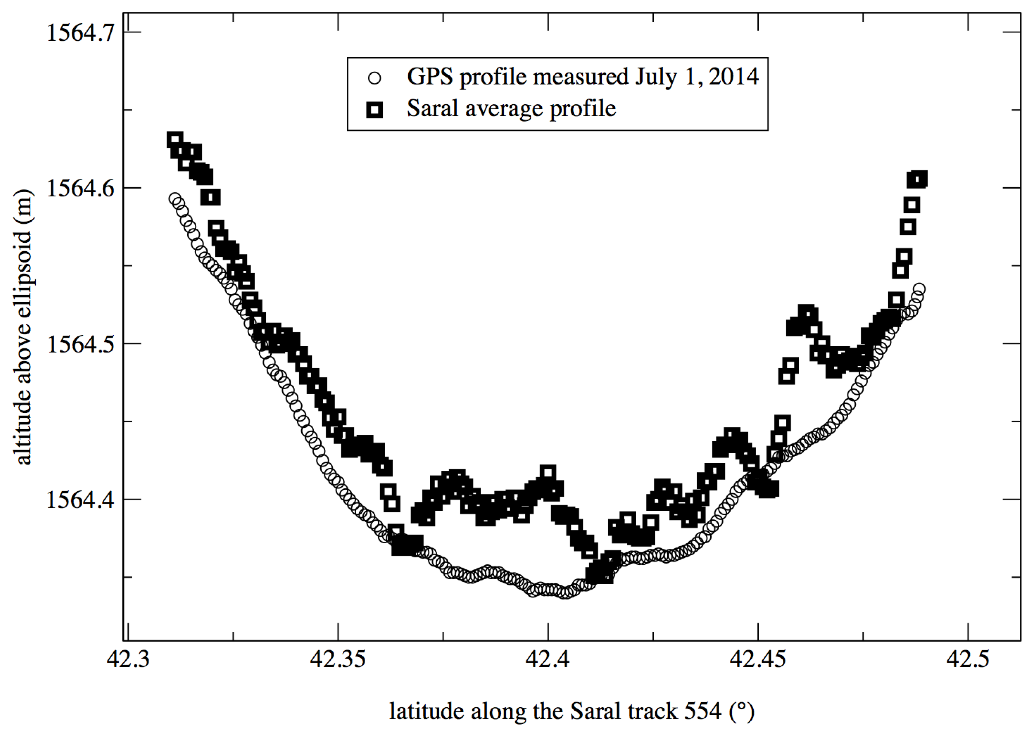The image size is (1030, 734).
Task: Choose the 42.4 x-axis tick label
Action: click(x=548, y=660)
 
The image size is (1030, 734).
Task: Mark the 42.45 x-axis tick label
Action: click(x=758, y=660)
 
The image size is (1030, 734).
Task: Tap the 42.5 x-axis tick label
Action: click(x=968, y=660)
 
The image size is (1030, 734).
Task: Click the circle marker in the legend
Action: click(x=375, y=78)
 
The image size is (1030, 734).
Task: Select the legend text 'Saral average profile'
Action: click(x=511, y=109)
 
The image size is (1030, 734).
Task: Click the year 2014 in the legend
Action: click(x=734, y=77)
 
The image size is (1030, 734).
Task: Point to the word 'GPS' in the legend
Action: click(x=430, y=77)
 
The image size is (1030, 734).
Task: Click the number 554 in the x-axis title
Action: click(x=703, y=711)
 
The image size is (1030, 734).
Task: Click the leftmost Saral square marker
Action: click(x=174, y=140)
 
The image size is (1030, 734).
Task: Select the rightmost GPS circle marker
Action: click(x=919, y=289)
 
